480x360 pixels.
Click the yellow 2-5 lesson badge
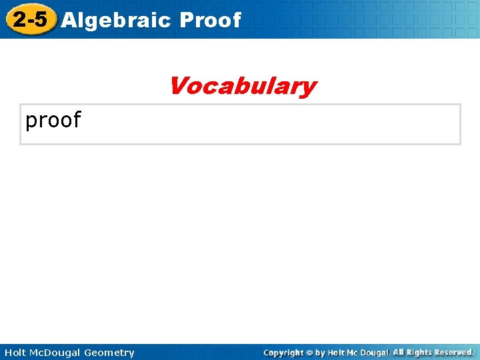(x=29, y=19)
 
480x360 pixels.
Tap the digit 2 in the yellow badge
(x=19, y=19)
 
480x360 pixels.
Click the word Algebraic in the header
(x=117, y=20)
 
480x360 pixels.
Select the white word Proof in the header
(x=210, y=20)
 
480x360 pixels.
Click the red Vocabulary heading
(x=242, y=86)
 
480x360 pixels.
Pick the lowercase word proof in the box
(x=53, y=121)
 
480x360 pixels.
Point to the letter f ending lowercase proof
(x=76, y=119)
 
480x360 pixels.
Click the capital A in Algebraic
(x=68, y=20)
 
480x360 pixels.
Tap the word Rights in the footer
(x=421, y=352)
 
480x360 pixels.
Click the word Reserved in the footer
(x=456, y=352)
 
